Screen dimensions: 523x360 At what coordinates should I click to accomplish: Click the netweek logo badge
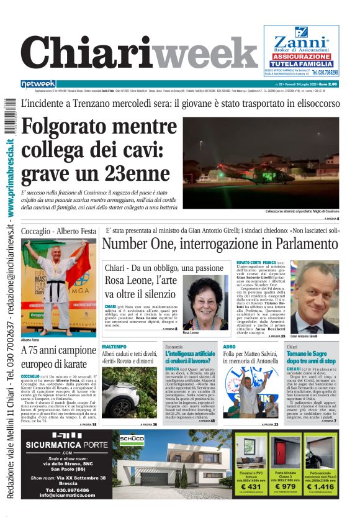point(38,84)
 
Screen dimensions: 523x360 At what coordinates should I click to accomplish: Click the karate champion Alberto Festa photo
point(59,287)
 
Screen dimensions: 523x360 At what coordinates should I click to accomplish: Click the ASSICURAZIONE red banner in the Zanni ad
point(301,57)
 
